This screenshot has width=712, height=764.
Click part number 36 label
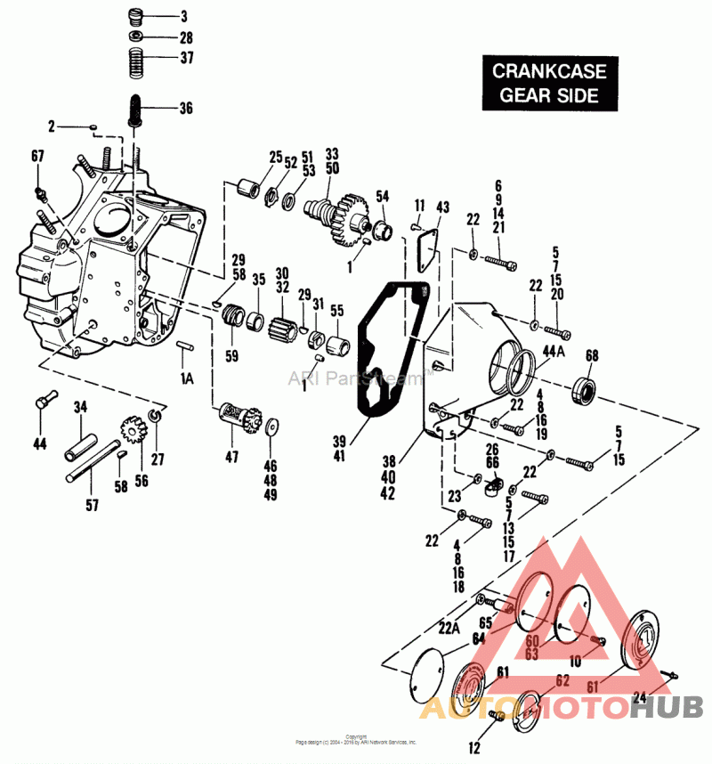pyautogui.click(x=185, y=109)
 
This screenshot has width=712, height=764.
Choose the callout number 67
pyautogui.click(x=37, y=157)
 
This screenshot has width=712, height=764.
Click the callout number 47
pyautogui.click(x=231, y=456)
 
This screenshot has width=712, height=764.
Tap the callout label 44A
pyautogui.click(x=554, y=351)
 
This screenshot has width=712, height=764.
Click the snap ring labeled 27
pyautogui.click(x=154, y=416)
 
